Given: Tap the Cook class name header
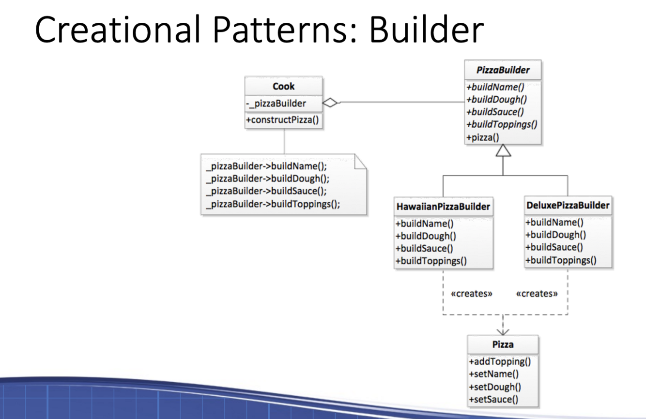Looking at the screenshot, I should point(284,87).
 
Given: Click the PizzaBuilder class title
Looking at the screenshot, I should point(503,70).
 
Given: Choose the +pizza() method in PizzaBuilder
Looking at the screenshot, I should point(482,137).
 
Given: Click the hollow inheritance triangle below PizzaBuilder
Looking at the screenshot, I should point(503,151).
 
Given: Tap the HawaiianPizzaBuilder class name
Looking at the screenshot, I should point(443,207).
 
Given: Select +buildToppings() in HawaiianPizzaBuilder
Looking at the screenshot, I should point(431,261).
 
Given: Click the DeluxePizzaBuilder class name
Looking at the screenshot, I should point(568,205).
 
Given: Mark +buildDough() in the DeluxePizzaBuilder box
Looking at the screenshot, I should point(556,235).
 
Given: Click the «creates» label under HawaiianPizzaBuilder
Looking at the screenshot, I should point(471,293).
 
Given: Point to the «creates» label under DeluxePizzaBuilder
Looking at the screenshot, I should point(537,293).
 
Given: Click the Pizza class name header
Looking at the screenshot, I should point(503,345).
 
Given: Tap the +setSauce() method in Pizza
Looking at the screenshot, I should point(493,399).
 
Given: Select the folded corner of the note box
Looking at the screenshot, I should point(361,161).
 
